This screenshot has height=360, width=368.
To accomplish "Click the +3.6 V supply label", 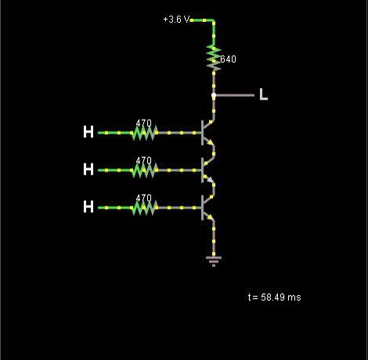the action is click(x=176, y=20).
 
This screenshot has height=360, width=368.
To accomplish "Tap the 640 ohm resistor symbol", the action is click(x=214, y=58).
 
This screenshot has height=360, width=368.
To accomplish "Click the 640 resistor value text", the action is click(x=228, y=59).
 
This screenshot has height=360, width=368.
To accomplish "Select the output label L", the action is click(x=264, y=94).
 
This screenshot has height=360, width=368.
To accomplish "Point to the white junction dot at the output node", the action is click(x=214, y=95).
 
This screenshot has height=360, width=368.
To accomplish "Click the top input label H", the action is click(x=88, y=131).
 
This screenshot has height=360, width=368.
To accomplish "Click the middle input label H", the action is click(x=88, y=169).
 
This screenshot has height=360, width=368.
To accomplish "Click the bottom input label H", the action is click(x=88, y=207).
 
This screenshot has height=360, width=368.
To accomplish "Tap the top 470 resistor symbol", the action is click(x=145, y=133).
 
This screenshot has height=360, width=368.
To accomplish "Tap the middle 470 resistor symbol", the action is click(x=145, y=171).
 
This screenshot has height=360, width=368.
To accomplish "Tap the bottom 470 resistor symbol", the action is click(x=145, y=208).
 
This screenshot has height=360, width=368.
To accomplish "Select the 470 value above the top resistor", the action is click(x=144, y=123).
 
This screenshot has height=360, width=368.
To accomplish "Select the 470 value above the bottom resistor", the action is click(x=144, y=198).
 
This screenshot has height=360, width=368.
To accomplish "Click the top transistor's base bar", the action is click(x=202, y=133).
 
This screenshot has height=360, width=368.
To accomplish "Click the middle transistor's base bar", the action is click(x=202, y=171).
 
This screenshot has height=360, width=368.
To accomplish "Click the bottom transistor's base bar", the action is click(x=202, y=208).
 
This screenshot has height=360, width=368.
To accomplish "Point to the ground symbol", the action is click(x=214, y=261).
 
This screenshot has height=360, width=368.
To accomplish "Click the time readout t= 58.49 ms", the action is click(x=275, y=297).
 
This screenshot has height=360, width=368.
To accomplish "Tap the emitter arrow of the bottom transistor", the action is click(x=210, y=217).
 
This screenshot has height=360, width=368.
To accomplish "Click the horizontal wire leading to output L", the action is click(x=234, y=95).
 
